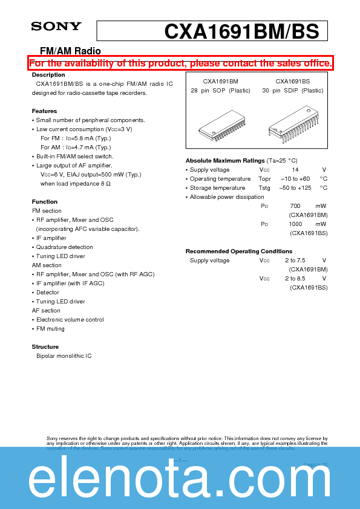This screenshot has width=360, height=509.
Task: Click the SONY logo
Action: (56, 26)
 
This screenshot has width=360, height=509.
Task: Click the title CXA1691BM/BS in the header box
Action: (241, 31)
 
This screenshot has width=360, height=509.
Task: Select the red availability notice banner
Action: (180, 63)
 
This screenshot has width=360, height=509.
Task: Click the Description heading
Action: (48, 75)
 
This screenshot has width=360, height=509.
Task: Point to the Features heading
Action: (44, 111)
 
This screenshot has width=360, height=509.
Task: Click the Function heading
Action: (45, 202)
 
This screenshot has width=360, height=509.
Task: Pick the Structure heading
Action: (45, 347)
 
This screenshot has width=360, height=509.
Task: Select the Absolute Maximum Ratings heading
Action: (225, 161)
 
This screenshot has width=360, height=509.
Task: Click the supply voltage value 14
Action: (295, 170)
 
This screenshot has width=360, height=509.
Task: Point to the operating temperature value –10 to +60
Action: (295, 179)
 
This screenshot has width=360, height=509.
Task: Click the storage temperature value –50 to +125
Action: (296, 188)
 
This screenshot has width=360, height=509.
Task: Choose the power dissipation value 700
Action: (295, 206)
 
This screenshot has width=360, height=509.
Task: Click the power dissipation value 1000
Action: (295, 224)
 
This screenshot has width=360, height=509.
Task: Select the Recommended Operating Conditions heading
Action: (238, 251)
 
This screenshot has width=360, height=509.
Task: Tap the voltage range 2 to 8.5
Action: (295, 279)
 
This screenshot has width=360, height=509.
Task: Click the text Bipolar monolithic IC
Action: (64, 356)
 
